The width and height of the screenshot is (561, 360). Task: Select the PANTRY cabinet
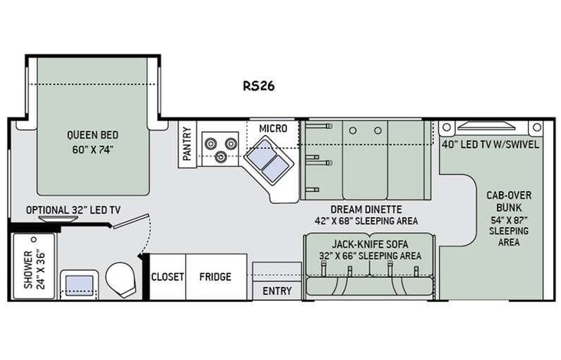187,143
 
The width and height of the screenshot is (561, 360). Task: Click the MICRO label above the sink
272,127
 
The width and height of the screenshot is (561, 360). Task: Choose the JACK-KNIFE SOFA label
371,244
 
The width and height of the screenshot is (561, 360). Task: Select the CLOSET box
167,276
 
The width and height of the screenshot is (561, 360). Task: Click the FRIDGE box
216,276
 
